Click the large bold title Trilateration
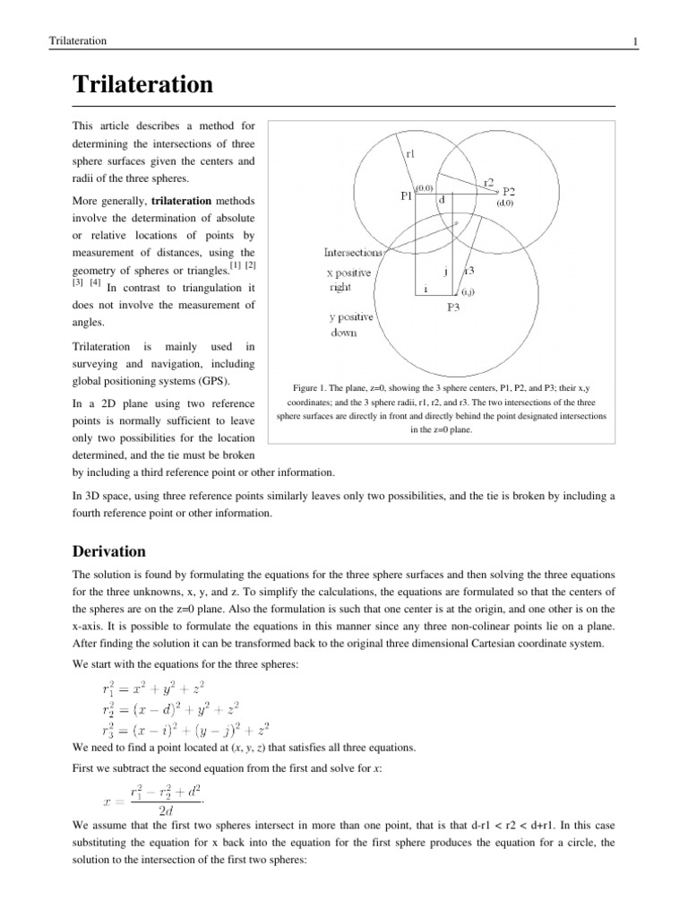pos(143,85)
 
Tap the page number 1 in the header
pos(634,41)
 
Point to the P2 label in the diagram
pos(508,191)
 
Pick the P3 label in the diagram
pos(453,307)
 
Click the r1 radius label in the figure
pos(410,153)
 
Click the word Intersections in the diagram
pos(354,252)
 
